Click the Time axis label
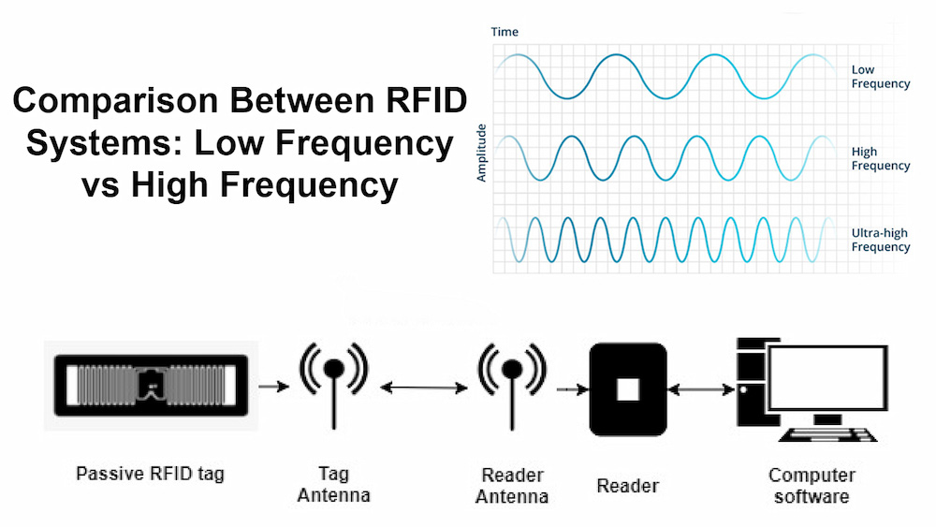(505, 32)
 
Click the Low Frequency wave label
(880, 77)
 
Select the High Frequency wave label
(880, 158)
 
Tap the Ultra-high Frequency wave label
(880, 240)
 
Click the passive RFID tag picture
(150, 384)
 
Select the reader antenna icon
(511, 374)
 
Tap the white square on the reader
(627, 388)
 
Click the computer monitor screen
(825, 379)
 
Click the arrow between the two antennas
(422, 387)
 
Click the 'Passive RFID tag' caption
(150, 474)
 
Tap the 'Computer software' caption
(812, 485)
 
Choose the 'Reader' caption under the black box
(627, 485)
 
